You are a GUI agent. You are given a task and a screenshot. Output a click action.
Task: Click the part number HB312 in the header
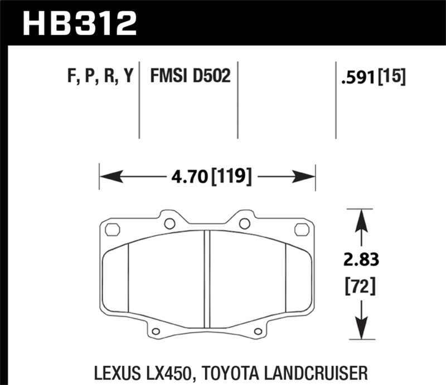click(78, 23)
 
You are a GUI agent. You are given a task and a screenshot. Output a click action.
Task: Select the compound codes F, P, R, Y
click(100, 76)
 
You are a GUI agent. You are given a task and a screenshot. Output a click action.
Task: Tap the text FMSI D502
click(190, 76)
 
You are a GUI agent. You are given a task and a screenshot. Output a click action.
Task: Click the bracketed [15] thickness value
click(392, 76)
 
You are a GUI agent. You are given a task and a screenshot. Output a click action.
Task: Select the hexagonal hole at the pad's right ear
click(302, 229)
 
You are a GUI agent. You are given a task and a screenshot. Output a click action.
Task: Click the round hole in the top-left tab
click(170, 223)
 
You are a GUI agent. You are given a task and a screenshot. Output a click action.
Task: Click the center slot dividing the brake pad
click(207, 279)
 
